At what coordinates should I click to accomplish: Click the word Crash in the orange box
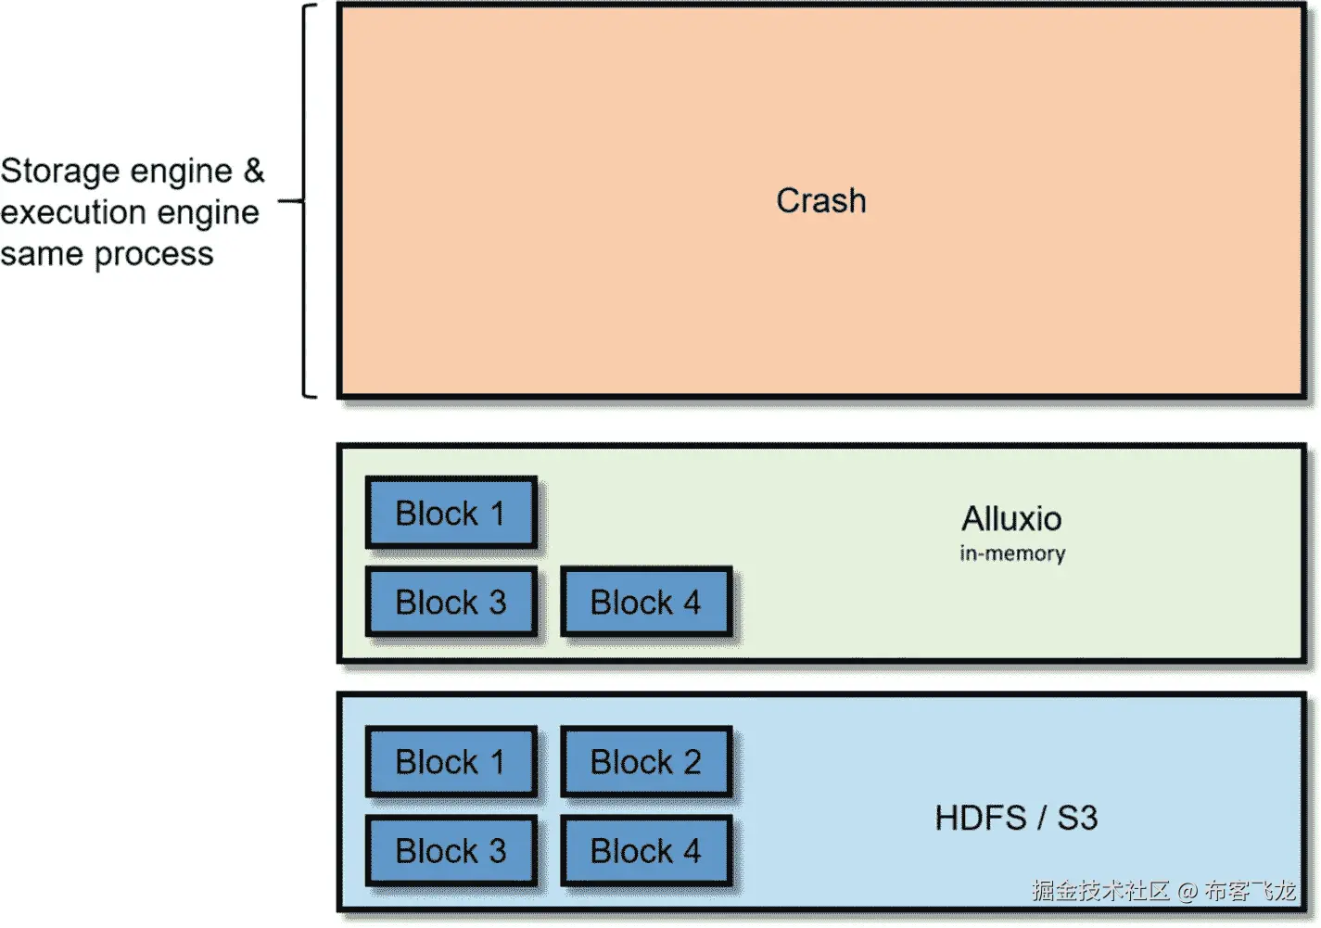[820, 200]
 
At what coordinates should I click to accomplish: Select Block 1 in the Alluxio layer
[451, 513]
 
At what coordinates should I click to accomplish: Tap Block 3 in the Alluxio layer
[451, 602]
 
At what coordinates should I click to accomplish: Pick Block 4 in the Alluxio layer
[645, 602]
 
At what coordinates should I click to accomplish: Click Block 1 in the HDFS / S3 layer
[451, 761]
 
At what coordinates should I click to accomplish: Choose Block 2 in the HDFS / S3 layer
[645, 761]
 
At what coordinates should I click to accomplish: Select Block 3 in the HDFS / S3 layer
[451, 850]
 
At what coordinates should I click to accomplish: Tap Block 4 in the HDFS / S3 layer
[645, 850]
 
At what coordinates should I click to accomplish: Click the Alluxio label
[1011, 518]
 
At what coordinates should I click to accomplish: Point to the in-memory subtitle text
[1012, 553]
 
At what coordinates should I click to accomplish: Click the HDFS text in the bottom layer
[981, 818]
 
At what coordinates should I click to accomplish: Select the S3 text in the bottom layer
[1077, 818]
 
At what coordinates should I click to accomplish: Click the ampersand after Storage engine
[254, 171]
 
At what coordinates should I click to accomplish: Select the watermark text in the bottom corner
[1162, 891]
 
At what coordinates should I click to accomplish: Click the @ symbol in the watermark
[1188, 892]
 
